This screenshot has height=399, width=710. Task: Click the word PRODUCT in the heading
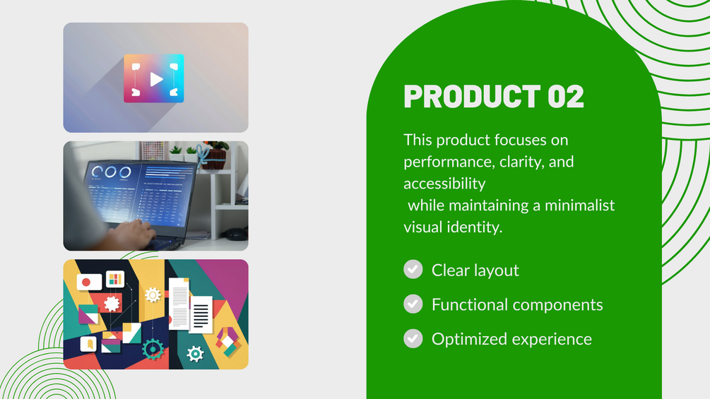472,96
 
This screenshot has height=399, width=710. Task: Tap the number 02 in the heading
566,96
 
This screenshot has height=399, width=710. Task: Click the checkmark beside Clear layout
413,269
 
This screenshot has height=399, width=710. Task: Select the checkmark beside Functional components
413,304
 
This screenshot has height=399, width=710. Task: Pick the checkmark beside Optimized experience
413,338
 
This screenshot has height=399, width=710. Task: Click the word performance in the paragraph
442,162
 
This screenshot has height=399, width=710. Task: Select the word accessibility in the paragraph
444,184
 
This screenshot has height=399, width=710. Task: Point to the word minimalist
579,206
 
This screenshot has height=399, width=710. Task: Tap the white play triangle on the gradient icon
155,79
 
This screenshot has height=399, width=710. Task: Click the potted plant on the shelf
215,155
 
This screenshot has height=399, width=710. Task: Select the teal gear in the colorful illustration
153,350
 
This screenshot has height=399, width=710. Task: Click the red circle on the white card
86,282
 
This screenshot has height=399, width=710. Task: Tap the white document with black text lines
201,314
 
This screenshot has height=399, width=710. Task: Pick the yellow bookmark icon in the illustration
89,344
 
